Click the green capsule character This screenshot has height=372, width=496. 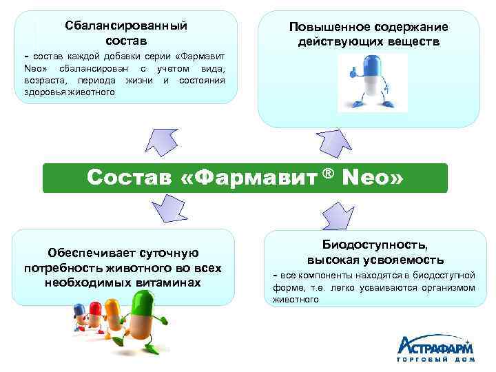(x=144, y=314)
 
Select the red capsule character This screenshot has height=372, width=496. (x=94, y=313)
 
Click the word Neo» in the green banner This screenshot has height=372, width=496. (x=370, y=178)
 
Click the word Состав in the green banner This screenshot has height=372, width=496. (x=130, y=178)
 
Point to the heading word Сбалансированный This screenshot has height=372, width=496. (x=126, y=25)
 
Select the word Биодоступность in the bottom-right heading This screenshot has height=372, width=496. (x=375, y=245)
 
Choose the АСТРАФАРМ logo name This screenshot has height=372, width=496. (x=435, y=346)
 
